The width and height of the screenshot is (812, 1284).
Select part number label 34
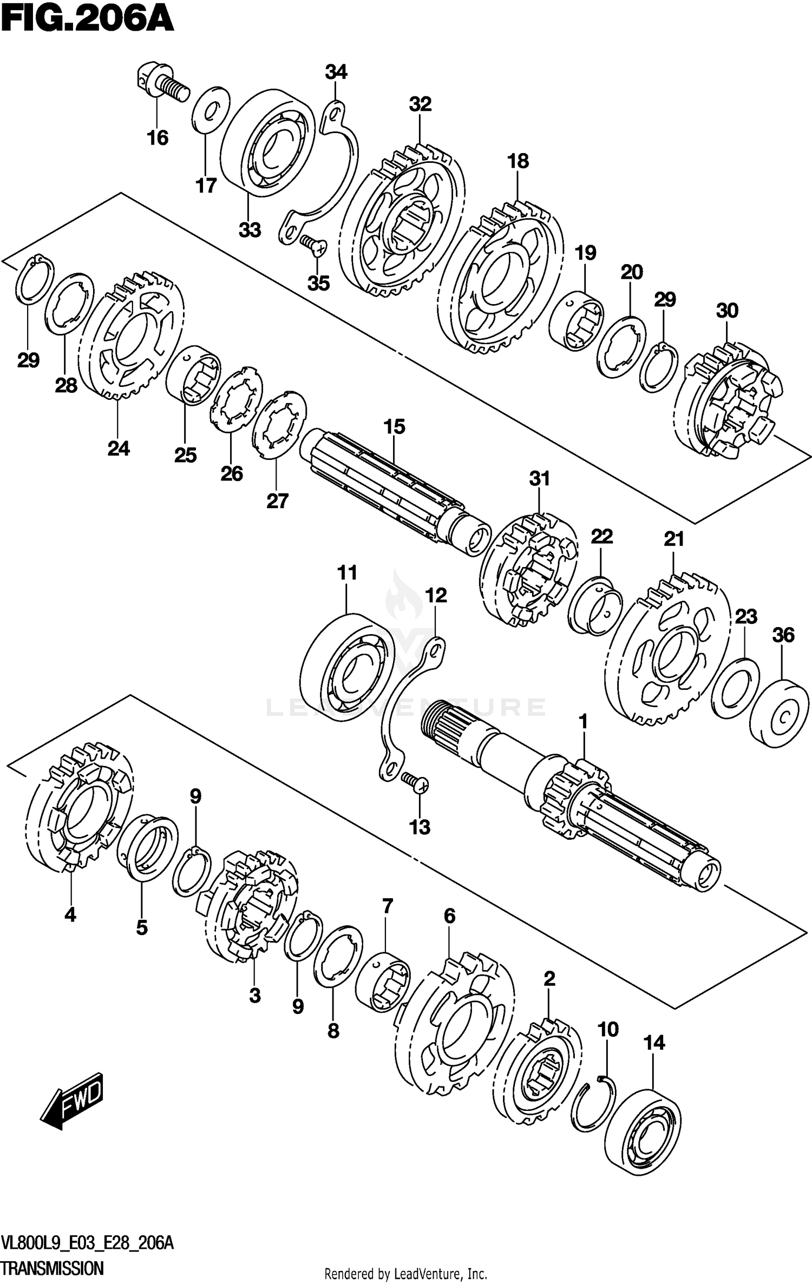(x=336, y=72)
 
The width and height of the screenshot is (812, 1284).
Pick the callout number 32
(x=420, y=104)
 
